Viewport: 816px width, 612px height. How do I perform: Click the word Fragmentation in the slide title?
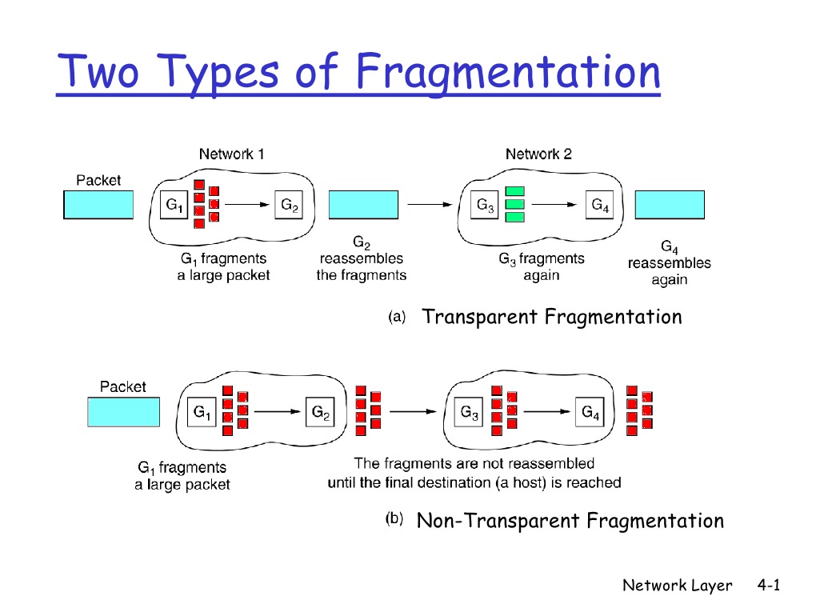click(508, 72)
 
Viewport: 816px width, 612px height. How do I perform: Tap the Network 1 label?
click(231, 154)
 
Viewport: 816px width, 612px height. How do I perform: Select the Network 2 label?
click(538, 154)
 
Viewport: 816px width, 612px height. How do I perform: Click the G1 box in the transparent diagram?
click(174, 206)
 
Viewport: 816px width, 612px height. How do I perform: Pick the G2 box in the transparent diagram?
click(290, 206)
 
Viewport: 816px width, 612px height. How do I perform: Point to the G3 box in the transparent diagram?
click(486, 206)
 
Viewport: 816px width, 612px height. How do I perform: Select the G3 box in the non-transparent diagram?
click(470, 413)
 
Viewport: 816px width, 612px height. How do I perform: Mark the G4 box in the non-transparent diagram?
click(590, 413)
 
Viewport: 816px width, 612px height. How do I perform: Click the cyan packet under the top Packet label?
click(98, 205)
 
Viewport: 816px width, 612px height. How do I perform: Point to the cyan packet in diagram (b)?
click(122, 412)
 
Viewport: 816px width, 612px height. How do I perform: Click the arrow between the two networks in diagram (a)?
click(431, 206)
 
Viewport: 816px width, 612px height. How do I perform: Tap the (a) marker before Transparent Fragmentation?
click(397, 318)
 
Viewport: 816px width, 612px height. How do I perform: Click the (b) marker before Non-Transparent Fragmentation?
click(394, 521)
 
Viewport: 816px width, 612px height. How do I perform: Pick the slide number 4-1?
click(768, 586)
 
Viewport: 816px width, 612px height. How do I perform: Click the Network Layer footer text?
click(677, 586)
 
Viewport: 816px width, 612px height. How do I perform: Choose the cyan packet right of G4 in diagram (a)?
click(670, 205)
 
